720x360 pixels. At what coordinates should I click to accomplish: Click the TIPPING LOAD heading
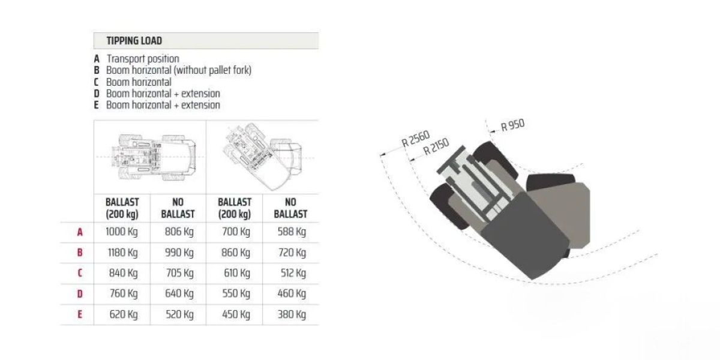[x=134, y=41]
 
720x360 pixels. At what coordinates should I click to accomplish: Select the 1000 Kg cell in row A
[x=121, y=232]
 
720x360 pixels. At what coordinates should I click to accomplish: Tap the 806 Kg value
[x=179, y=232]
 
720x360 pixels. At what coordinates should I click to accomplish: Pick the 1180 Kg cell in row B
[x=122, y=253]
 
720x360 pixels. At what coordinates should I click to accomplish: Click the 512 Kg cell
[x=293, y=273]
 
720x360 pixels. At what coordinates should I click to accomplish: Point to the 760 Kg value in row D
[x=124, y=293]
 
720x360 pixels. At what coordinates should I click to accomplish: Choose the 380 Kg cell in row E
[x=292, y=314]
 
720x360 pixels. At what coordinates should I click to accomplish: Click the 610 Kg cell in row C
[x=237, y=273]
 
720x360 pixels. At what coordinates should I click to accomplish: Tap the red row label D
[x=80, y=294]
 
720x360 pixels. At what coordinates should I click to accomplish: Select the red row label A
[x=80, y=232]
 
